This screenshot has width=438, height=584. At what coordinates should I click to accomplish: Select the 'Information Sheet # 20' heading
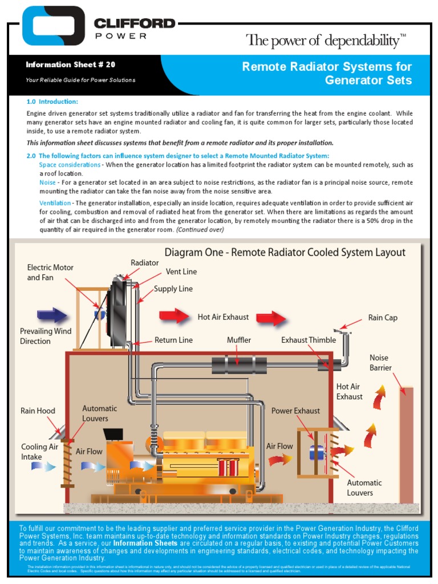(70, 65)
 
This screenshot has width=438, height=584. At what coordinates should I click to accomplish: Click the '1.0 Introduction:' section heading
(52, 102)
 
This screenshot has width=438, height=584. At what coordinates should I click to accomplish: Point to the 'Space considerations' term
(69, 165)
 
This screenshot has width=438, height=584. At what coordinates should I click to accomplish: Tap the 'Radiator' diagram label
(144, 262)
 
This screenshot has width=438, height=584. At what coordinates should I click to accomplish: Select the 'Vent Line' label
(181, 272)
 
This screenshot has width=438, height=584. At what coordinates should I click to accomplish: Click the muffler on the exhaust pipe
(239, 364)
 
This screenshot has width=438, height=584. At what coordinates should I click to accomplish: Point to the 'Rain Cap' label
(383, 318)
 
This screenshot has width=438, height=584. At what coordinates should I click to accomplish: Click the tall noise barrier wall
(406, 445)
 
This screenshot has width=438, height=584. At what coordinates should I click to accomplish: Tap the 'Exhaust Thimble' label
(309, 340)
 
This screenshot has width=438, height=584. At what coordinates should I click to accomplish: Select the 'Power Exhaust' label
(295, 411)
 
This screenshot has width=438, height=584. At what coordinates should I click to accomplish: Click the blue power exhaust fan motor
(316, 452)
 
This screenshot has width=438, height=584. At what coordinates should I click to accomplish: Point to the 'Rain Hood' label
(38, 411)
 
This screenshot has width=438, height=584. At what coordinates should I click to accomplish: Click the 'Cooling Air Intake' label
(39, 452)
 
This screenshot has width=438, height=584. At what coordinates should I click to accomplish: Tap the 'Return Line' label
(173, 340)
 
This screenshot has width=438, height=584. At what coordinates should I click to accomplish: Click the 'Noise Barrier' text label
(380, 363)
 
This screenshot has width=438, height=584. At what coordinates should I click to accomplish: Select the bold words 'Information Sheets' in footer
(145, 544)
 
